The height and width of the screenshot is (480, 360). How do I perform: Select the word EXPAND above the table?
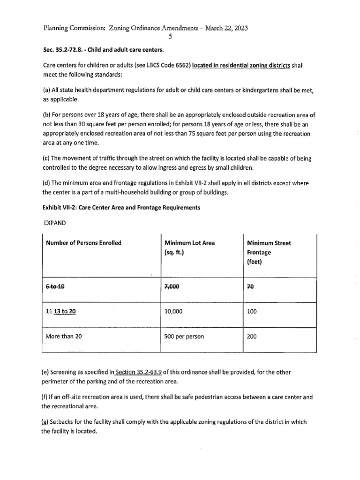[x=55, y=223]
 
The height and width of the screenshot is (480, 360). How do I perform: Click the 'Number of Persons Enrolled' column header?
[x=83, y=243]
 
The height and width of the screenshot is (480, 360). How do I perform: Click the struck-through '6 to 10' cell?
[x=55, y=287]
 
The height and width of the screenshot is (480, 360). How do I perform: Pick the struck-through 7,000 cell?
[x=173, y=287]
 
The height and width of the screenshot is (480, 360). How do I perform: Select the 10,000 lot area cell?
[x=173, y=311]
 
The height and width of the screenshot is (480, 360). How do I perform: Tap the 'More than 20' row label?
[x=63, y=336]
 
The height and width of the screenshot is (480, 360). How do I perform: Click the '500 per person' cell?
[x=183, y=336]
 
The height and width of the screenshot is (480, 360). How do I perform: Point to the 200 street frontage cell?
[x=252, y=336]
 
